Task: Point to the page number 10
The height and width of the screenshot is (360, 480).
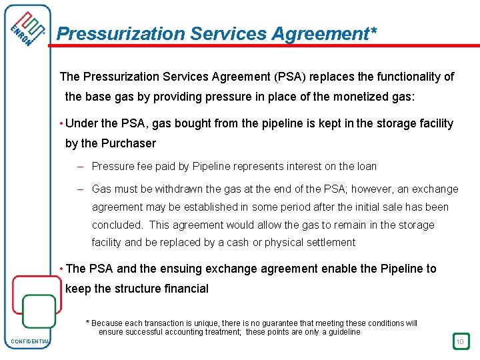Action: (460, 342)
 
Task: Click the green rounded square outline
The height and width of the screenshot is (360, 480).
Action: (39, 311)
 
